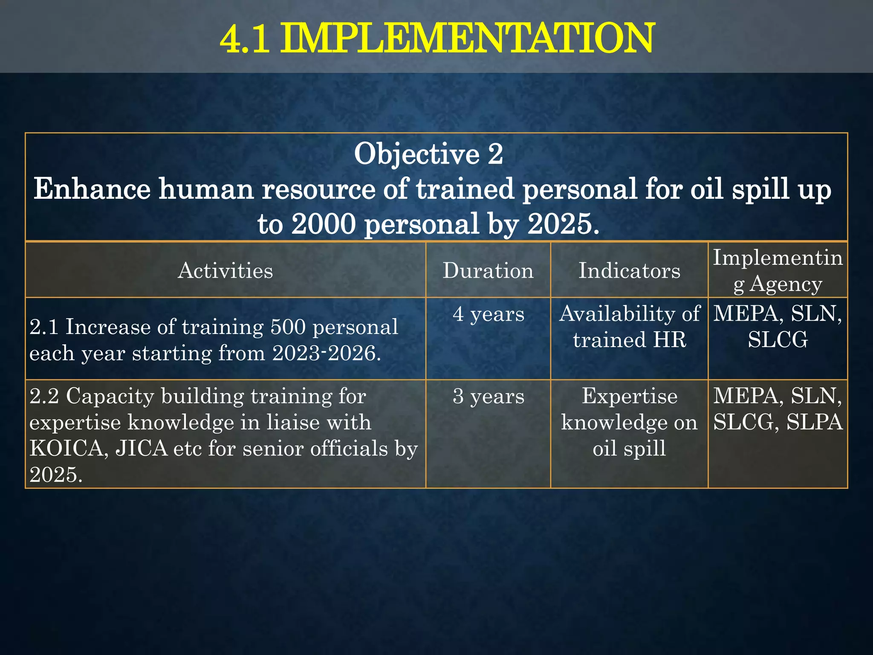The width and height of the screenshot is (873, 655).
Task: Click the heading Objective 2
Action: (x=428, y=154)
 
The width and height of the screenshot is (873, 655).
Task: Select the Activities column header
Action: (x=225, y=271)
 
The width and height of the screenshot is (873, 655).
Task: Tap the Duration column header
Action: (x=488, y=271)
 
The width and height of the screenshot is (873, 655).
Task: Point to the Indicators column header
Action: (x=629, y=271)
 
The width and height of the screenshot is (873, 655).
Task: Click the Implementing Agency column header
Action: (x=778, y=271)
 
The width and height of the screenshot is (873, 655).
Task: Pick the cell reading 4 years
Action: (x=488, y=314)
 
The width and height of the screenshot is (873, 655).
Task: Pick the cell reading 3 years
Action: (x=488, y=397)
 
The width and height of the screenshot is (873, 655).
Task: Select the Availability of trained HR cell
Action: (x=629, y=327)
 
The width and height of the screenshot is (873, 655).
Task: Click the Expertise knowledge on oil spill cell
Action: (x=629, y=422)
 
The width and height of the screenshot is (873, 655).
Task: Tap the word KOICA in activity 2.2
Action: (x=69, y=449)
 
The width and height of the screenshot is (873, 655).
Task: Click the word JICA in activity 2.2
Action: (x=142, y=449)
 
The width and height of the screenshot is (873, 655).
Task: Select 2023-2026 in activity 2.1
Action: (x=324, y=354)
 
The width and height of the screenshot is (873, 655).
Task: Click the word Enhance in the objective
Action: (x=92, y=189)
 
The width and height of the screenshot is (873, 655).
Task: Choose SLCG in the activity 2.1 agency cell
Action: (x=778, y=340)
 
